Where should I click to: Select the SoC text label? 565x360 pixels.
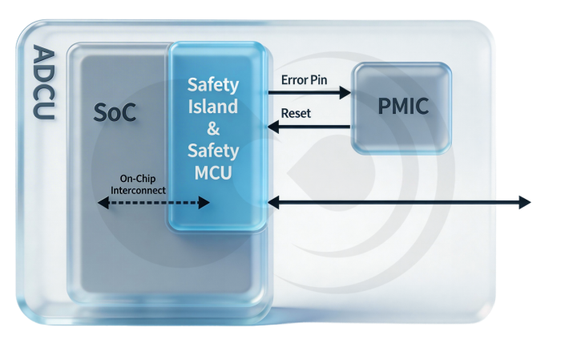pyautogui.click(x=114, y=113)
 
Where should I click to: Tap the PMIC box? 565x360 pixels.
pyautogui.click(x=402, y=107)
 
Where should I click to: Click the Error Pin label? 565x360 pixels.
pyautogui.click(x=305, y=80)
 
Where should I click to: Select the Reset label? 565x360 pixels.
pyautogui.click(x=296, y=113)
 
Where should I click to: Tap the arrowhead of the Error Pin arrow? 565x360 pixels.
pyautogui.click(x=346, y=93)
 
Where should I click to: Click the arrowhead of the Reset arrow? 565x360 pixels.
pyautogui.click(x=273, y=126)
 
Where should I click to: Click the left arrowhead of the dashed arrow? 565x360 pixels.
pyautogui.click(x=102, y=204)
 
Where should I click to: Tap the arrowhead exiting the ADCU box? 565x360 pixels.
pyautogui.click(x=525, y=202)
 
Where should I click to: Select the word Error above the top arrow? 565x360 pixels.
pyautogui.click(x=294, y=80)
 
